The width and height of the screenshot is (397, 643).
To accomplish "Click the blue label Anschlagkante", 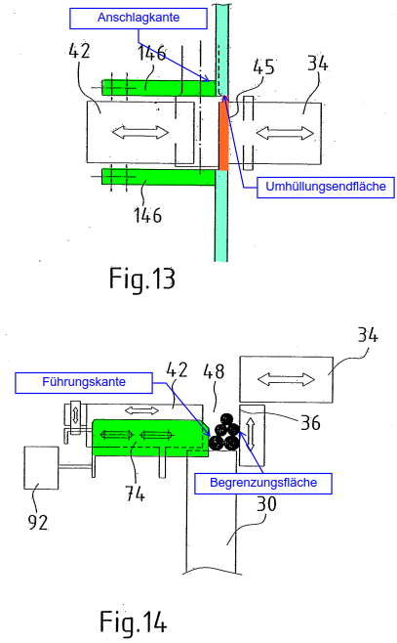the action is click(x=139, y=19).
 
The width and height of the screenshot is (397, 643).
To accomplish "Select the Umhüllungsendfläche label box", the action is click(x=326, y=187).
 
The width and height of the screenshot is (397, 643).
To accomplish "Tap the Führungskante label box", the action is click(x=84, y=383).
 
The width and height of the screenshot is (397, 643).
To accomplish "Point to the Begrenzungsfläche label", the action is click(x=263, y=483).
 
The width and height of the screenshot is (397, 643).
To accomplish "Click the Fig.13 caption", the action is click(x=142, y=279).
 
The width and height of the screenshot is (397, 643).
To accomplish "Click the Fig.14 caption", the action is click(x=134, y=622).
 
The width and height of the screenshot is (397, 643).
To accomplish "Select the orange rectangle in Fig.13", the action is click(x=223, y=136).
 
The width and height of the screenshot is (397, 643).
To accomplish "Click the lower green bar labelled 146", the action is click(x=158, y=177).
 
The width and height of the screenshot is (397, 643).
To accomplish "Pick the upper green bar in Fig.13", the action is click(x=158, y=87).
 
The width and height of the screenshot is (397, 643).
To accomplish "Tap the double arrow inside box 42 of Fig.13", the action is click(x=139, y=132).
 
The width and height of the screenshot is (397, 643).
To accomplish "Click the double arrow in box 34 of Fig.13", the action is click(x=285, y=133).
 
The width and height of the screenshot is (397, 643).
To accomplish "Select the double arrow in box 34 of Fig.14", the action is click(x=286, y=379).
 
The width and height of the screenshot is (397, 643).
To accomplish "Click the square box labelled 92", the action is click(x=41, y=467).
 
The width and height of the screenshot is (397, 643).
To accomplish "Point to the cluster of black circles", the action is click(x=224, y=433).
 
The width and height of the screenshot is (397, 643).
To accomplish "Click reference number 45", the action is click(x=263, y=66).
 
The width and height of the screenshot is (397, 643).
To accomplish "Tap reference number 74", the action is click(x=135, y=493).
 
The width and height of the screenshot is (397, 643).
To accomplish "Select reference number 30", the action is click(x=266, y=504).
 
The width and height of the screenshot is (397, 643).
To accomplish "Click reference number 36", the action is click(x=310, y=422).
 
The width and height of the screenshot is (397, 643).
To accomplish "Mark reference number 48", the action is click(x=214, y=371).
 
